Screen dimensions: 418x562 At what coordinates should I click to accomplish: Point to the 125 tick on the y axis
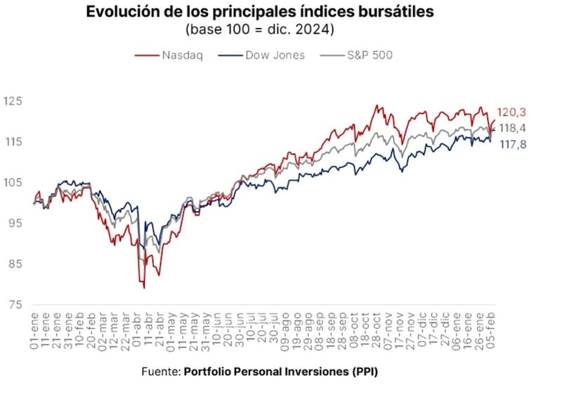13,101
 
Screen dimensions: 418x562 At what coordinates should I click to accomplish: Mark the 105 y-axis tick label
13,183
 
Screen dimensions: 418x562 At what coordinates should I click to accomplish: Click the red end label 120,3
512,112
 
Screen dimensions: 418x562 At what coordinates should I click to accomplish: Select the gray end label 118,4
512,128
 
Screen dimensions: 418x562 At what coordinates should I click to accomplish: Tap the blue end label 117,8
512,144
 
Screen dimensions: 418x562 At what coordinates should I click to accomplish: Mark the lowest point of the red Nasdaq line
144,288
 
